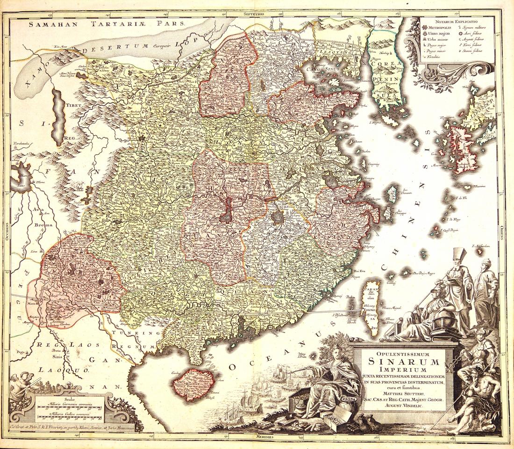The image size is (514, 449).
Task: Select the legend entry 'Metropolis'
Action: (437, 28)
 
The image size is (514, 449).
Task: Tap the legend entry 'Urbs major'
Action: (437, 34)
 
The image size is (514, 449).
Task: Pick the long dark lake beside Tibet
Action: (58, 117)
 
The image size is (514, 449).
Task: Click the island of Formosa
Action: (372, 304)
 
